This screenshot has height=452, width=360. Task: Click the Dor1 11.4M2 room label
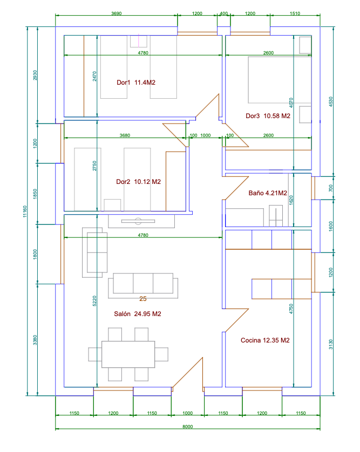(x=136, y=83)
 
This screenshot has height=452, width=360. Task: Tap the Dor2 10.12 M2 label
(x=138, y=182)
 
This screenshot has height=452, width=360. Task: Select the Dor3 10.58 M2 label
(x=268, y=116)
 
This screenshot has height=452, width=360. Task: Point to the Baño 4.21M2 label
(x=268, y=193)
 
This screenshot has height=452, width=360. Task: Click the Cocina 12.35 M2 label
(x=265, y=340)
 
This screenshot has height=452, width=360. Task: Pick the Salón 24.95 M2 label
(x=137, y=313)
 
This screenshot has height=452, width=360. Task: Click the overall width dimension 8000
(x=187, y=426)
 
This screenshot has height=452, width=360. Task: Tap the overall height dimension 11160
(x=25, y=211)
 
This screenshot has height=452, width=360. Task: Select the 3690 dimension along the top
(x=117, y=13)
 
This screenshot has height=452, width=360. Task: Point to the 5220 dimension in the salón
(x=94, y=301)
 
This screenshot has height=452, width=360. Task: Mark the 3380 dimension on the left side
(x=35, y=340)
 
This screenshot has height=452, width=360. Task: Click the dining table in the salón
(x=128, y=354)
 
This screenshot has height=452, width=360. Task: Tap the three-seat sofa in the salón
(x=143, y=285)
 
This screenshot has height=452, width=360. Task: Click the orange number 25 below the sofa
(x=143, y=299)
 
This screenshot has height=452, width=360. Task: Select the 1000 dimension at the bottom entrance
(x=187, y=413)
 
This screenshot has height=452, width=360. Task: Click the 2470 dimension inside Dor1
(x=94, y=76)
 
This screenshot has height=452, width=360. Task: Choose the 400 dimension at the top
(x=224, y=13)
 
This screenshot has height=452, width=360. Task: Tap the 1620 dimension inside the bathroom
(x=291, y=200)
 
